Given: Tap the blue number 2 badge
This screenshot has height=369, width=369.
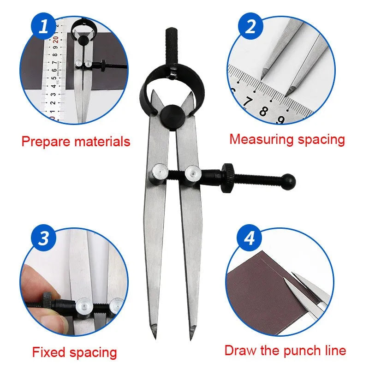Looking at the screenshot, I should [x=250, y=26].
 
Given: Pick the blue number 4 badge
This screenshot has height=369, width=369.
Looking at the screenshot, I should [x=249, y=238].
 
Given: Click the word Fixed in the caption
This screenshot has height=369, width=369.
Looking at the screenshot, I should [x=50, y=353].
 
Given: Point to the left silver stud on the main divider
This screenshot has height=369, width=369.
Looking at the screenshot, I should [x=156, y=174].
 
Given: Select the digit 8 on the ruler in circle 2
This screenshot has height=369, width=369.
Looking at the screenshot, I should [x=264, y=111].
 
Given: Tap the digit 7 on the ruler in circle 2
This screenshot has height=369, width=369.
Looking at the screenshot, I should [x=248, y=101].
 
